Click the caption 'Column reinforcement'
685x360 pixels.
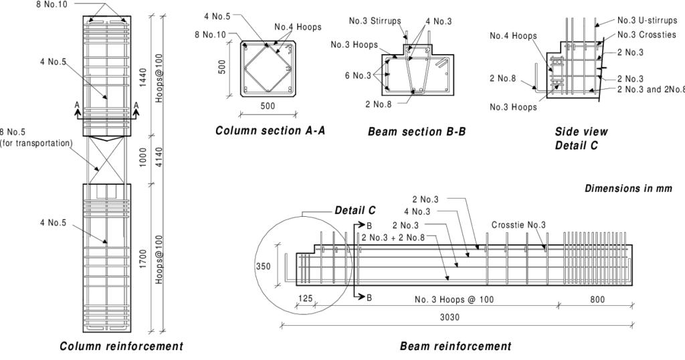(x=121, y=347)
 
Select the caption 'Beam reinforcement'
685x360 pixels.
(x=456, y=347)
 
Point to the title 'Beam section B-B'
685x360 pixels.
(x=417, y=132)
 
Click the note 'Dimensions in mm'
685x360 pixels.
(x=628, y=189)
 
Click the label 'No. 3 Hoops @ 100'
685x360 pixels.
(x=454, y=299)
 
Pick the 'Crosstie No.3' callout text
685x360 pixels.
(x=518, y=225)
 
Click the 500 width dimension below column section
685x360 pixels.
(x=268, y=106)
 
